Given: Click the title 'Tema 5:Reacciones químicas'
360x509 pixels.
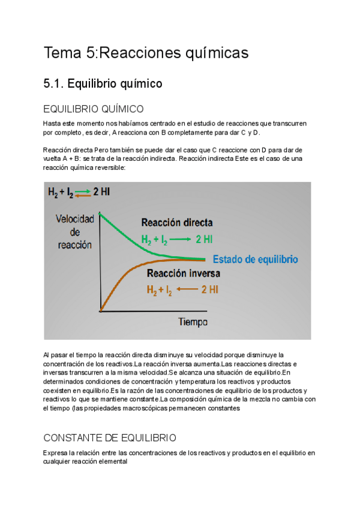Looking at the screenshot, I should (x=146, y=53).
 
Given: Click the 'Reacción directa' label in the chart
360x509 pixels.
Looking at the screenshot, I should (x=176, y=223).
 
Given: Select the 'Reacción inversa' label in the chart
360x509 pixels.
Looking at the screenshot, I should (x=184, y=274).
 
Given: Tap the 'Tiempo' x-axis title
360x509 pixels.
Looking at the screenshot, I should (x=193, y=322).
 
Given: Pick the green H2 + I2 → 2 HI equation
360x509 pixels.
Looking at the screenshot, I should (x=176, y=239).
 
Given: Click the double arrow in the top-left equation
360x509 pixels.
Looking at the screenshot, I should (x=82, y=192).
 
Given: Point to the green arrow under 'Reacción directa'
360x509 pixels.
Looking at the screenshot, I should (x=180, y=239).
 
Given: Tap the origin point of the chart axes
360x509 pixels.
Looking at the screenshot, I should (x=101, y=310).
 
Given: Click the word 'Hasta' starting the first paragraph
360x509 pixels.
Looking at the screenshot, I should (x=52, y=124).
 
